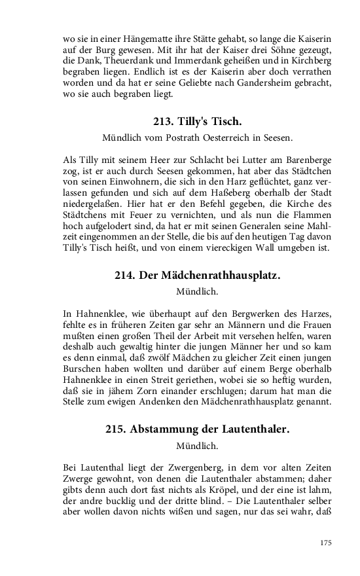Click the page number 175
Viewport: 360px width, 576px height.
click(326, 543)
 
